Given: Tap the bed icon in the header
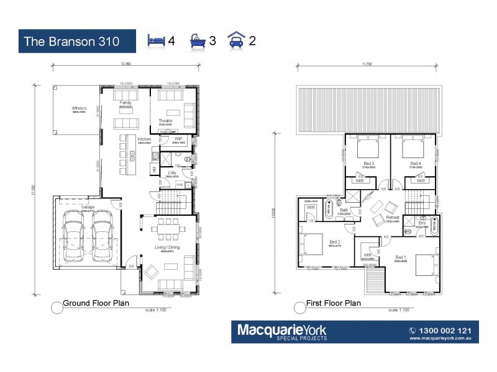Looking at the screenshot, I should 155,40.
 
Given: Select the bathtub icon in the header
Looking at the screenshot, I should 197,40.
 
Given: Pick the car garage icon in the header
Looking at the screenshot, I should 237,40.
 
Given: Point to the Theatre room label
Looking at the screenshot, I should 165,120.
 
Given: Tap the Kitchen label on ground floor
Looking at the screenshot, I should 144,139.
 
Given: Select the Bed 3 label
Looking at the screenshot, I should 368,164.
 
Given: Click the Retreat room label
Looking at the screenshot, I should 393,218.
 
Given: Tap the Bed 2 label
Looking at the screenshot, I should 335,241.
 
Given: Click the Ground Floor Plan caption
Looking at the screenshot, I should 96,303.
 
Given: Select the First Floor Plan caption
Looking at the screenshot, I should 333,303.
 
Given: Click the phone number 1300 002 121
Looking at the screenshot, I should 446,330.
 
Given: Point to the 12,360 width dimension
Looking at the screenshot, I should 125,64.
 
